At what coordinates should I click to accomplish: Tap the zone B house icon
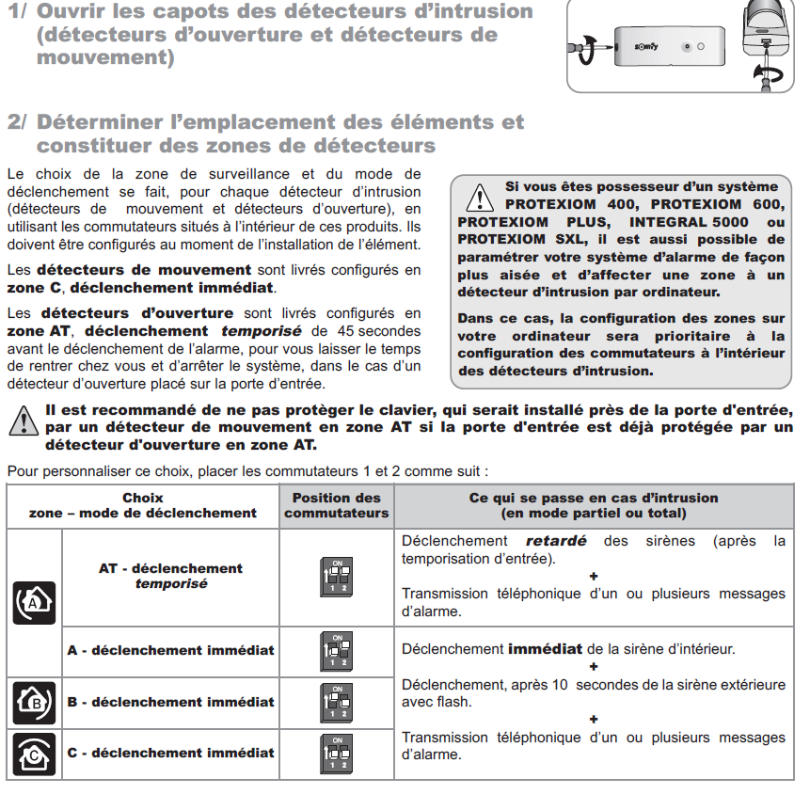pyautogui.click(x=34, y=702)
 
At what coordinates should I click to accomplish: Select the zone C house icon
pyautogui.click(x=34, y=753)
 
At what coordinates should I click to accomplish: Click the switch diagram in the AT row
pyautogui.click(x=336, y=577)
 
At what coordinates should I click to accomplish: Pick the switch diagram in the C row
pyautogui.click(x=336, y=753)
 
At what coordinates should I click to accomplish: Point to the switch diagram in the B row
pyautogui.click(x=336, y=702)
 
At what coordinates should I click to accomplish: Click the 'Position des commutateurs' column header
pyautogui.click(x=336, y=505)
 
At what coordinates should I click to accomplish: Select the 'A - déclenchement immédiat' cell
pyautogui.click(x=170, y=650)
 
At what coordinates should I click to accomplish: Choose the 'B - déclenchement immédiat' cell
pyautogui.click(x=170, y=702)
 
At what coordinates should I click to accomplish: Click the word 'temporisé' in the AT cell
pyautogui.click(x=170, y=584)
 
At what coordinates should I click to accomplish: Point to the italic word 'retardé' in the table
pyautogui.click(x=555, y=542)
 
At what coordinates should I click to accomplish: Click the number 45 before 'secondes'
pyautogui.click(x=346, y=331)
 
